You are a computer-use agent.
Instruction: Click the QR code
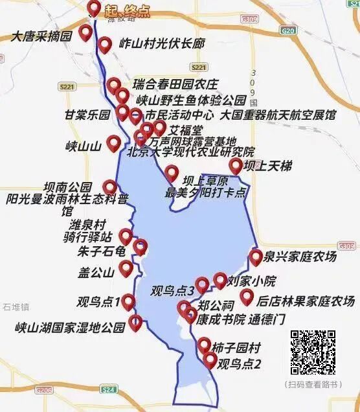pyautogui.click(x=313, y=353)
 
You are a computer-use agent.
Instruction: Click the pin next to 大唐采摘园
pyautogui.click(x=85, y=33)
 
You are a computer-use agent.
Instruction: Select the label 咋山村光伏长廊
pyautogui.click(x=162, y=44)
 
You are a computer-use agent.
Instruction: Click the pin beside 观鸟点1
pyautogui.click(x=128, y=301)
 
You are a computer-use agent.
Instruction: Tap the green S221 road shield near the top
pyautogui.click(x=199, y=67)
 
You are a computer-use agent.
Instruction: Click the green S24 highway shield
pyautogui.click(x=108, y=389)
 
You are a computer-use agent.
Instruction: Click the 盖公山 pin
pyautogui.click(x=126, y=268)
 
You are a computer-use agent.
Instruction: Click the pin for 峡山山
pyautogui.click(x=114, y=143)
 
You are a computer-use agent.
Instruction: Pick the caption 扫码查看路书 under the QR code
pyautogui.click(x=313, y=384)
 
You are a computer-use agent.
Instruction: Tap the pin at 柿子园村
pyautogui.click(x=205, y=345)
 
